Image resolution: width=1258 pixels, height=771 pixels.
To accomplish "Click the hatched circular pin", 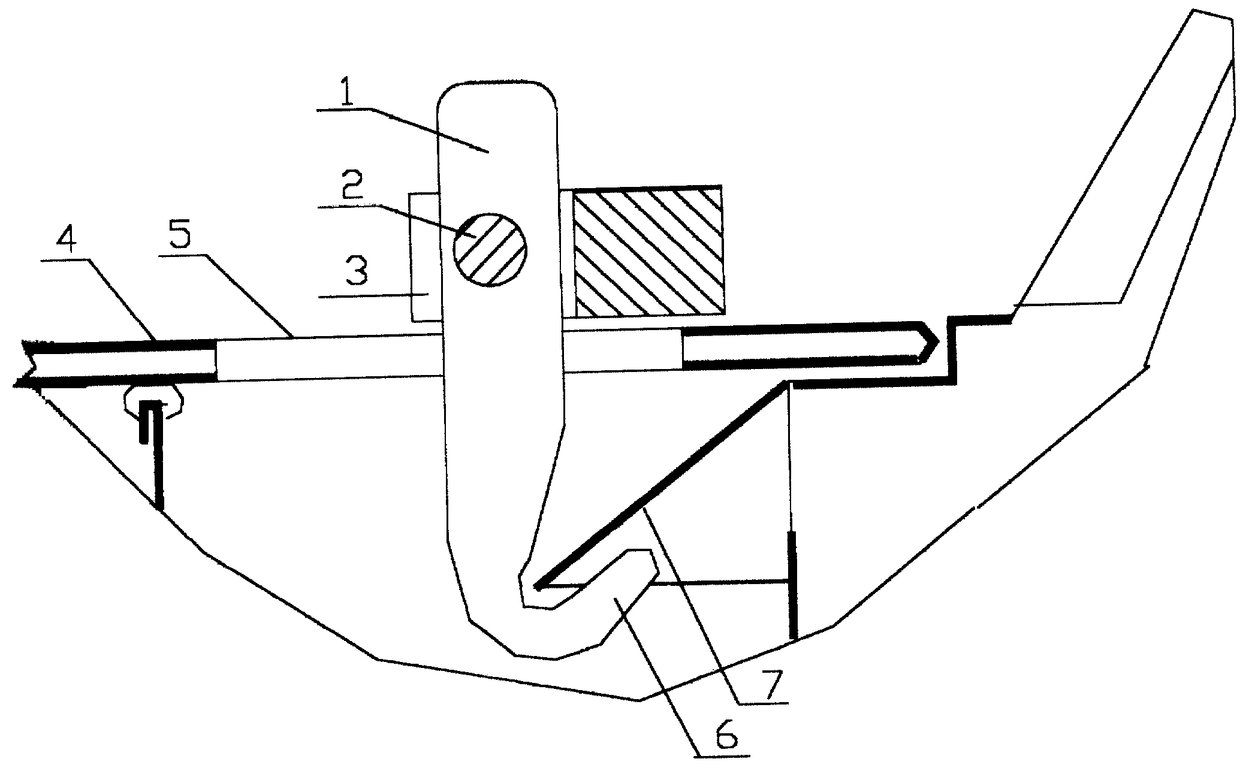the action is point(490,249).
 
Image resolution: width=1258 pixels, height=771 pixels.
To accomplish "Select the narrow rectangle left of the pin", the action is point(426,256).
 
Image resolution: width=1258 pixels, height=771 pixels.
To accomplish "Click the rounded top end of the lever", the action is point(497,90).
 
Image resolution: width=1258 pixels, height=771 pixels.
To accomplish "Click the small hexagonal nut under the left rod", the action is point(153,401).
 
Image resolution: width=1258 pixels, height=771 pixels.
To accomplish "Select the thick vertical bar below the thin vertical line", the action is point(793,585).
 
